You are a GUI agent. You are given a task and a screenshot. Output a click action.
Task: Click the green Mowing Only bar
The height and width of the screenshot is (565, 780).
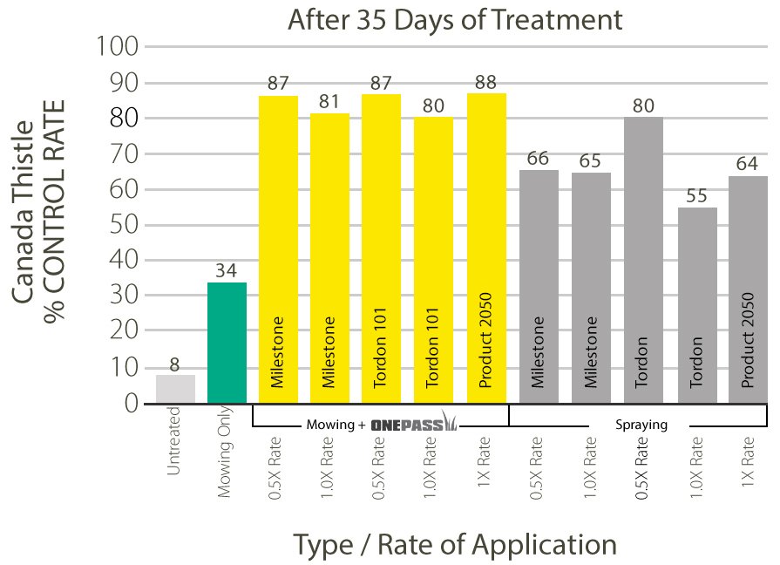(227, 343)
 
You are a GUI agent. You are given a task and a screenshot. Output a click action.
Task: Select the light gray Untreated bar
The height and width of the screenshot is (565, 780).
(175, 389)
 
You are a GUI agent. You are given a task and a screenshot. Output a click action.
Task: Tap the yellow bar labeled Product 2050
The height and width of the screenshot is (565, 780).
(486, 248)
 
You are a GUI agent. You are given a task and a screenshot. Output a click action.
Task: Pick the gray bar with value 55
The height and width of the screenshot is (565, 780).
(697, 305)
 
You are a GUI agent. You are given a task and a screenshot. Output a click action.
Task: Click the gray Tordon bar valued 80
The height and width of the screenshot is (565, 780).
(644, 260)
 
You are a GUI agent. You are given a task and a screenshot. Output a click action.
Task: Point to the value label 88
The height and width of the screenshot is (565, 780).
(486, 83)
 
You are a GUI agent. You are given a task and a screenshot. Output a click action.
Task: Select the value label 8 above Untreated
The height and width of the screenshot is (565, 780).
(175, 364)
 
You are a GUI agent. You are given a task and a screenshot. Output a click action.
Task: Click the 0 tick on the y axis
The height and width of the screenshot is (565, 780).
(130, 404)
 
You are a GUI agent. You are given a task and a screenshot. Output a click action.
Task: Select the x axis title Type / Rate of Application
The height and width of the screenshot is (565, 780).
(455, 544)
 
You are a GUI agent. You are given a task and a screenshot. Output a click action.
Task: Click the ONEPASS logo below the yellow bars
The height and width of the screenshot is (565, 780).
(414, 425)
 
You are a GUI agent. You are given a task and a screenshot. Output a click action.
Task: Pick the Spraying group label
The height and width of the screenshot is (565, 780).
(641, 425)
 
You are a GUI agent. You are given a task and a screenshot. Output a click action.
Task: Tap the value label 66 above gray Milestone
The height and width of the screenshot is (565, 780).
(539, 158)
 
